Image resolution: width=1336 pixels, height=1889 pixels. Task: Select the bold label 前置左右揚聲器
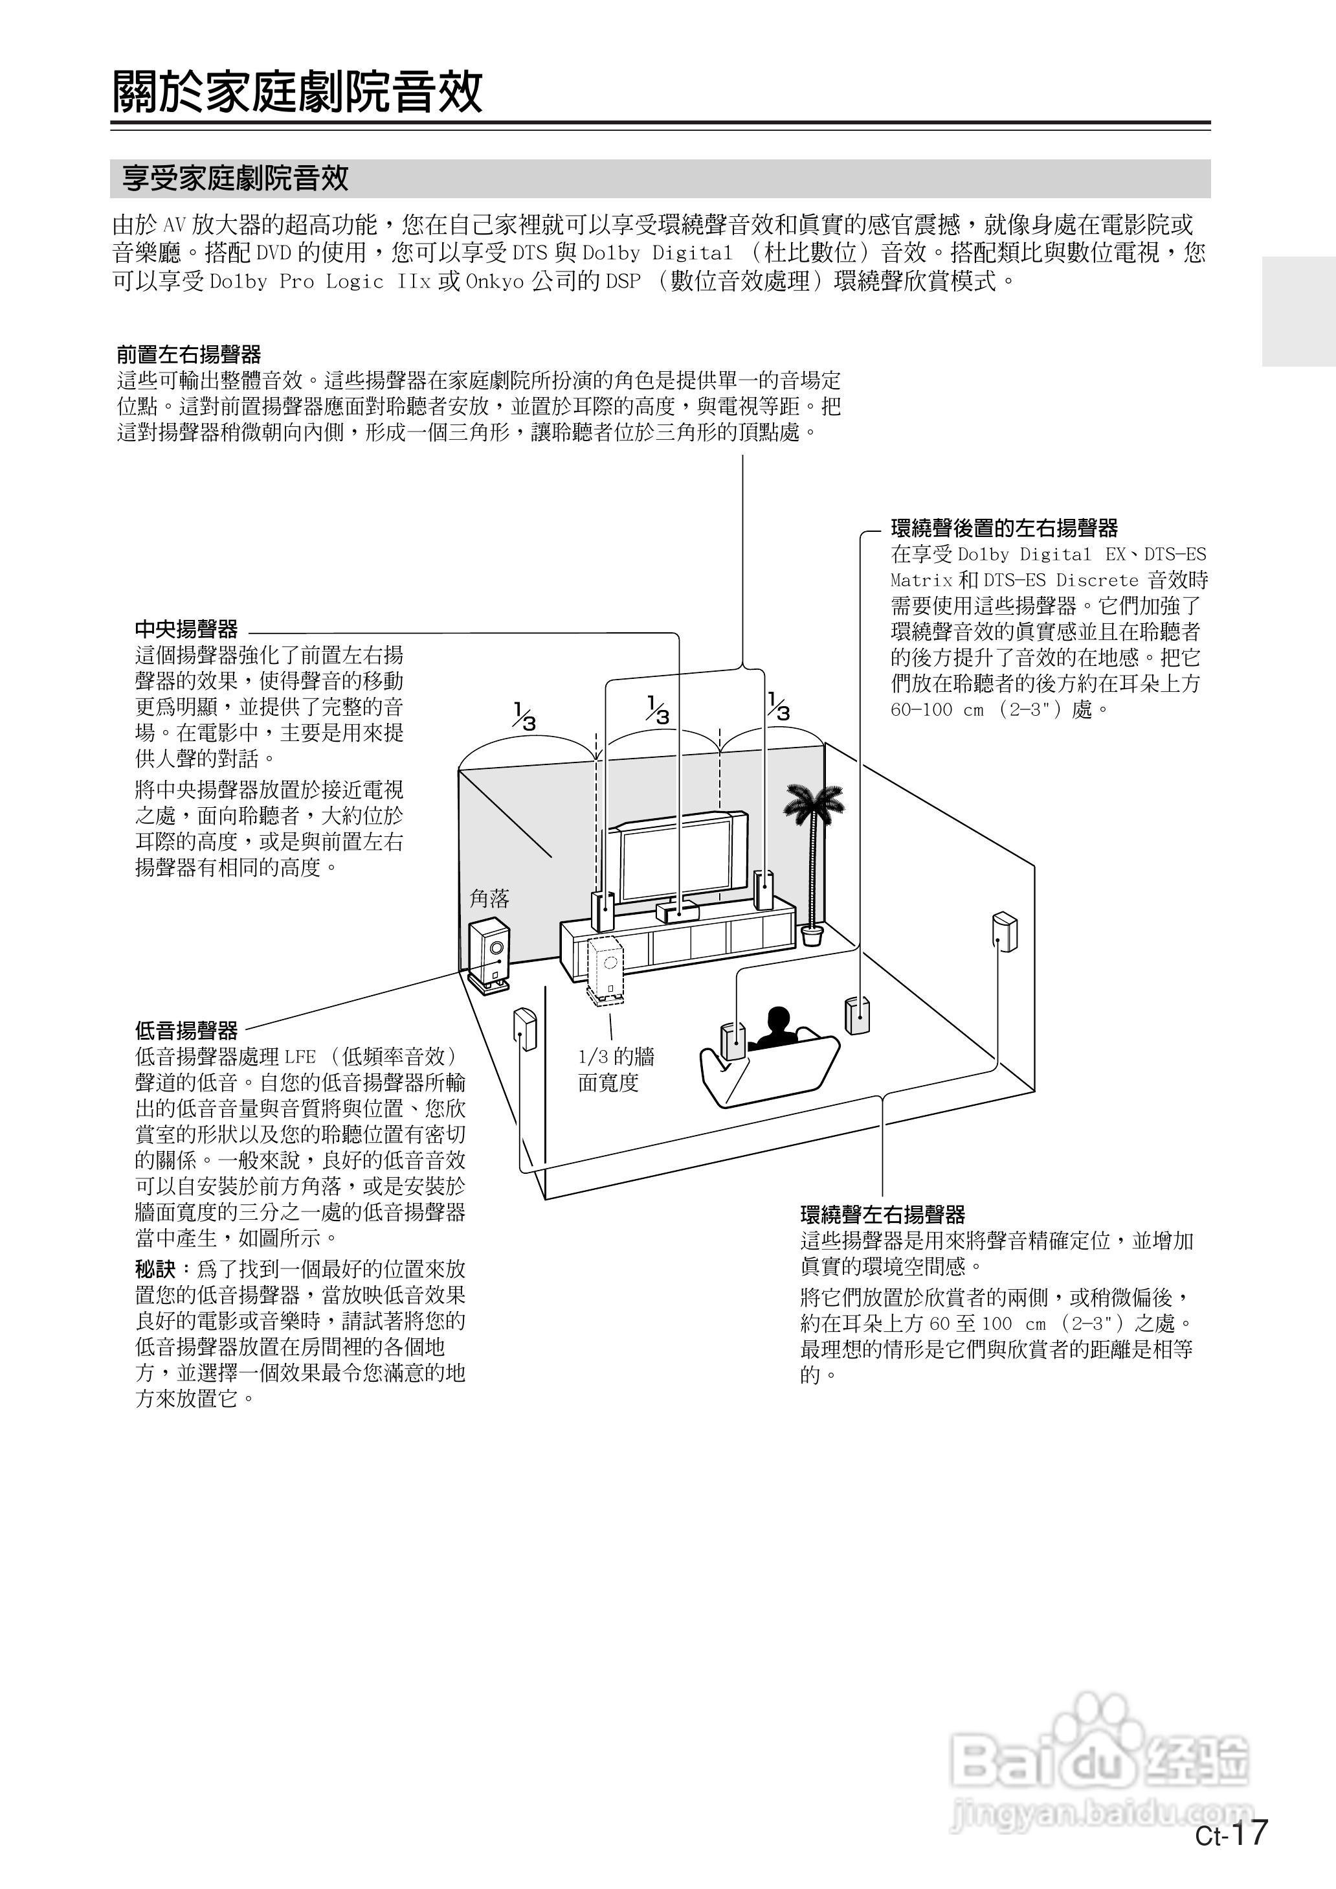pos(188,355)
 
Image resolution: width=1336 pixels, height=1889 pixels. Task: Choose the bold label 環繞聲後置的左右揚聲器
pos(1005,527)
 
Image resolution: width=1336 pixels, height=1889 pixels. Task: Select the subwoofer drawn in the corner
pos(489,953)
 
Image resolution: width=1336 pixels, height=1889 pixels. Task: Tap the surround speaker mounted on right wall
pos(1004,931)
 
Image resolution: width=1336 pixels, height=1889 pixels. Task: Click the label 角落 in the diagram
pos(489,898)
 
